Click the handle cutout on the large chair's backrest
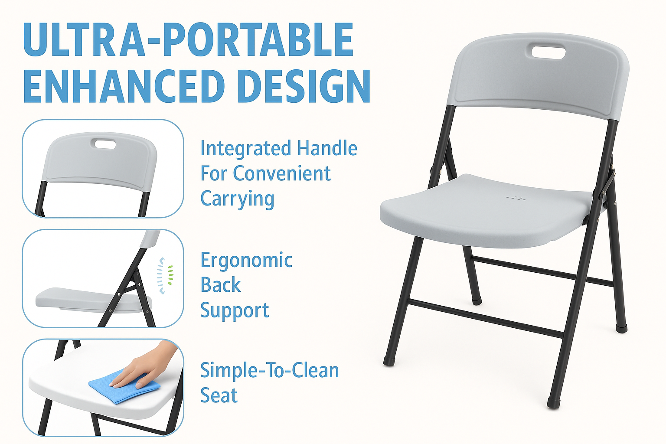548,52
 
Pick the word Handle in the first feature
327,149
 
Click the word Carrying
237,199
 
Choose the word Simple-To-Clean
269,371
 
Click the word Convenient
282,174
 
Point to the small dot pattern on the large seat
516,199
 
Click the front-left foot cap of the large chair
389,361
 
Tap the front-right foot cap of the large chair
553,404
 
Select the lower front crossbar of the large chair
486,317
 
